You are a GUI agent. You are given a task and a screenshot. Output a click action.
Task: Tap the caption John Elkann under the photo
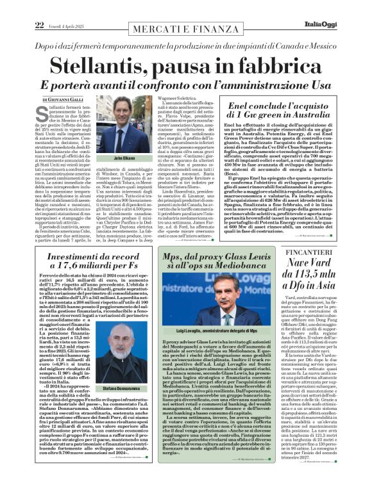[x=117, y=158]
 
